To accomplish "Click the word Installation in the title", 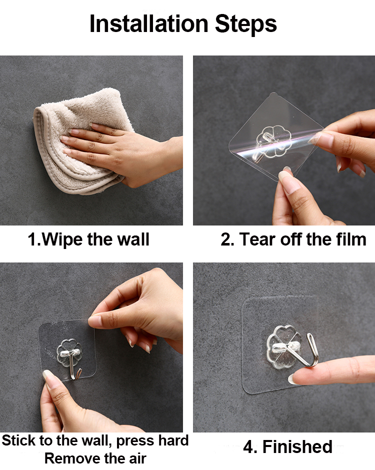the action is click(x=148, y=23).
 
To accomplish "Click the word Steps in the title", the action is click(x=246, y=24).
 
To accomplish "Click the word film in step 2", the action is click(x=351, y=239).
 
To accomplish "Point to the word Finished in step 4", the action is click(x=297, y=446).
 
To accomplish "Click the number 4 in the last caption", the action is click(x=248, y=447).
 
